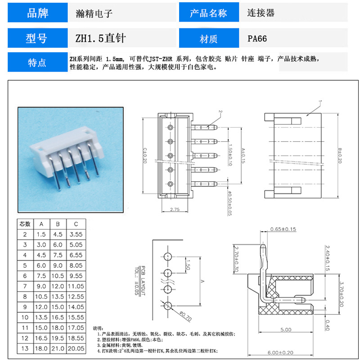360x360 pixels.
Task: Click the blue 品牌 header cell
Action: (38, 13)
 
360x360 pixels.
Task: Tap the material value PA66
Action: (257, 39)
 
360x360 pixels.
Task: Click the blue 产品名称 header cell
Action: (208, 13)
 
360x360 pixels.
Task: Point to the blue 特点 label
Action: (37, 63)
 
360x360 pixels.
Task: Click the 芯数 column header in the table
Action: (25, 224)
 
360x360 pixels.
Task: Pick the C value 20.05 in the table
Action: (76, 348)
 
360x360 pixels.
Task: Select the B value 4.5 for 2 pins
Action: (58, 234)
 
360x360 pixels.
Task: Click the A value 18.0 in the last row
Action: (41, 348)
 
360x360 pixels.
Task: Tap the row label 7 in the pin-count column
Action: (25, 286)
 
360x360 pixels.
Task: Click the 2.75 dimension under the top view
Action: (175, 210)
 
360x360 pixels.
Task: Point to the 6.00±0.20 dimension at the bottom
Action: (286, 353)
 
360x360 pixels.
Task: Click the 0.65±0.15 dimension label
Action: (283, 229)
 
